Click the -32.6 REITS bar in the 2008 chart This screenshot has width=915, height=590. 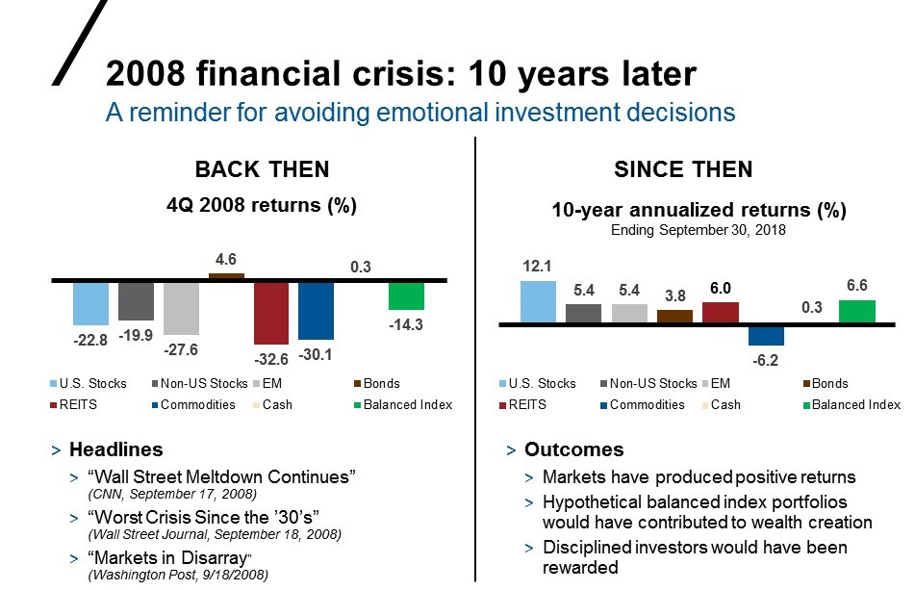pyautogui.click(x=271, y=313)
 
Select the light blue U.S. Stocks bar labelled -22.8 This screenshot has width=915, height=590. pyautogui.click(x=90, y=302)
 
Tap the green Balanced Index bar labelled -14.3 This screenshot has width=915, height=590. pyautogui.click(x=406, y=295)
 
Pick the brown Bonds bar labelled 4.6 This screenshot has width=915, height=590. pyautogui.click(x=226, y=276)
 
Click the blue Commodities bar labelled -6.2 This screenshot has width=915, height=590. pyautogui.click(x=766, y=335)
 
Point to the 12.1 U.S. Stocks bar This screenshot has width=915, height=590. pyautogui.click(x=538, y=302)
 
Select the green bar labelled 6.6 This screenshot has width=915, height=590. pyautogui.click(x=856, y=312)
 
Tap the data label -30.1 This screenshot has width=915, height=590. pyautogui.click(x=315, y=353)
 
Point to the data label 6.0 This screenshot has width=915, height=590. pyautogui.click(x=721, y=288)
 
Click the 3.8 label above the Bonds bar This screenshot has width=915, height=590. pyautogui.click(x=674, y=295)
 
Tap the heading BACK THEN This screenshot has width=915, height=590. pyautogui.click(x=262, y=169)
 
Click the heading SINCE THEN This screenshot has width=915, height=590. pyautogui.click(x=683, y=169)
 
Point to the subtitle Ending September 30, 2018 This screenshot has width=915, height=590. pyautogui.click(x=699, y=231)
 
